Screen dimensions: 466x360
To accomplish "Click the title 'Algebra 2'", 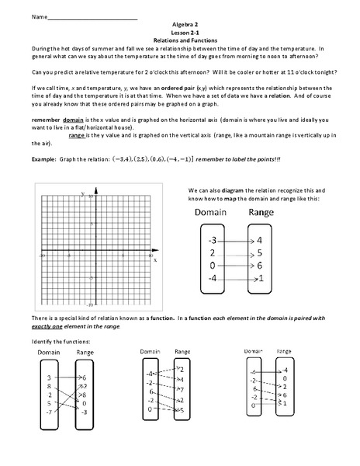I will pyautogui.click(x=180, y=25).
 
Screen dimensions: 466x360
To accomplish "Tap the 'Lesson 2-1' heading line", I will pyautogui.click(x=180, y=32).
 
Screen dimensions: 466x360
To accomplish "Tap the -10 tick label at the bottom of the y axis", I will pyautogui.click(x=91, y=304).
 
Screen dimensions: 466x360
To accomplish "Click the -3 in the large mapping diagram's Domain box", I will pyautogui.click(x=213, y=239).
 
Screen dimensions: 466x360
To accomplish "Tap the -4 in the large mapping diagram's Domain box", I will pyautogui.click(x=213, y=278).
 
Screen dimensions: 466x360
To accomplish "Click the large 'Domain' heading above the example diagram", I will pyautogui.click(x=211, y=212).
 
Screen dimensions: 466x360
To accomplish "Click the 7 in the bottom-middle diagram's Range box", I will pyautogui.click(x=182, y=389).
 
